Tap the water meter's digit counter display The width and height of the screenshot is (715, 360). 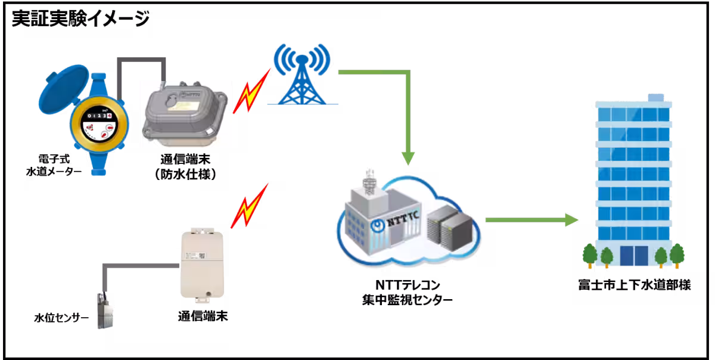(98, 116)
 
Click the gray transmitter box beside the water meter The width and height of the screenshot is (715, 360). (185, 113)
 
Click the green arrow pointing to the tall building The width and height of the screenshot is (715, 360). (530, 221)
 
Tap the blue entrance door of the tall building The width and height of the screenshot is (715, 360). (633, 256)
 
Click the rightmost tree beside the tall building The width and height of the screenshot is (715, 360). (677, 255)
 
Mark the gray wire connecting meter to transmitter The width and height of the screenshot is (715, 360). (141, 60)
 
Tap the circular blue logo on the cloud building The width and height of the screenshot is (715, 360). (377, 226)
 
